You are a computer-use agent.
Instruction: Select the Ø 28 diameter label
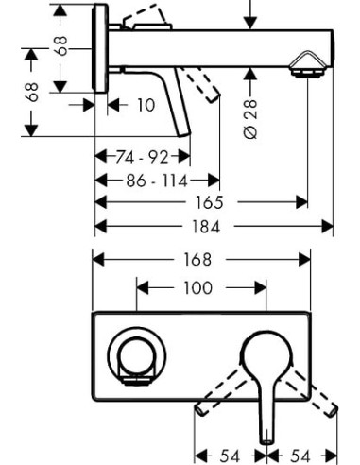click(250, 121)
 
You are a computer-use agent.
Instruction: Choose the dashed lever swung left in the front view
click(220, 395)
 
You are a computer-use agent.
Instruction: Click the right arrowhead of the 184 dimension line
click(331, 227)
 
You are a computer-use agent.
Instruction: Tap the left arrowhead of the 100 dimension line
click(142, 288)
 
